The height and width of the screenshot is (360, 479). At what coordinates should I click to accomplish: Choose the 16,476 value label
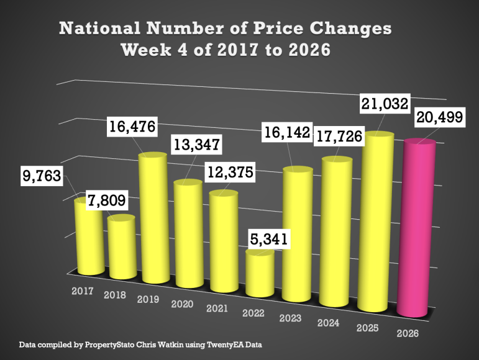click(x=132, y=128)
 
